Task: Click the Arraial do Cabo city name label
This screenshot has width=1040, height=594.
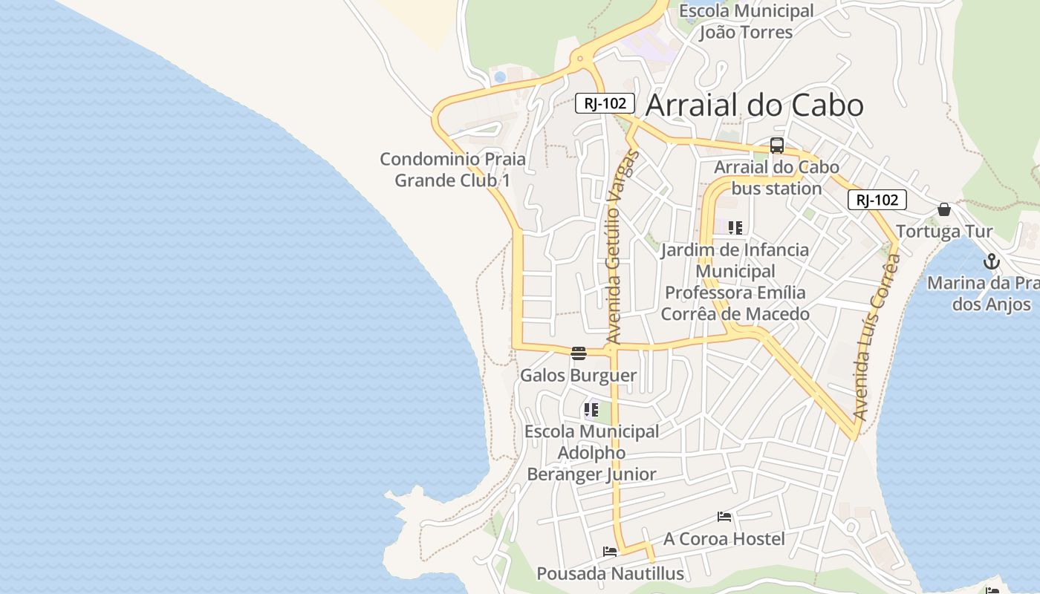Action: (x=754, y=105)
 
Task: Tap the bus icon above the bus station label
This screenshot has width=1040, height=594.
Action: (x=777, y=146)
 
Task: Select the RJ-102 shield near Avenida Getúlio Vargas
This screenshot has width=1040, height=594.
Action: (x=605, y=103)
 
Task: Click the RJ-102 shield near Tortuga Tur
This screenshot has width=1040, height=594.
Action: (x=877, y=200)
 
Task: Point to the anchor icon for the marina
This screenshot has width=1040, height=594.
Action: (x=991, y=261)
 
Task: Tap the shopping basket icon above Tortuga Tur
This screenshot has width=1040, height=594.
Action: (x=944, y=209)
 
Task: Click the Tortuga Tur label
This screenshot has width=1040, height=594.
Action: (x=944, y=232)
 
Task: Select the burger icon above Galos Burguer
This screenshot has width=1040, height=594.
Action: (x=579, y=353)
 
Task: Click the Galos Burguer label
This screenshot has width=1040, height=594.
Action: (x=578, y=375)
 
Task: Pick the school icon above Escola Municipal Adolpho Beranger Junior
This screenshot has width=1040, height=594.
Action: (x=591, y=409)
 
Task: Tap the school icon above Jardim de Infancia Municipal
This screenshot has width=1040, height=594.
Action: (x=735, y=227)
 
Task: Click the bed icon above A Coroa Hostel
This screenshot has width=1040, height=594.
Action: (x=724, y=517)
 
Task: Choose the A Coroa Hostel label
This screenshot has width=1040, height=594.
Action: (x=724, y=538)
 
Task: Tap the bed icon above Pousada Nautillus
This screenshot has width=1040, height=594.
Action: (x=610, y=552)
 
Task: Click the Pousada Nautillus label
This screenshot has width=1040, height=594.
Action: (x=610, y=573)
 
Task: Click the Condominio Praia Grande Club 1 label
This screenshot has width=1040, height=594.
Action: (x=452, y=169)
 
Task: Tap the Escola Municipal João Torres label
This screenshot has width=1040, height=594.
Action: (x=747, y=22)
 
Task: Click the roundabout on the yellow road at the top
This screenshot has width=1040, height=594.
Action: (x=579, y=57)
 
